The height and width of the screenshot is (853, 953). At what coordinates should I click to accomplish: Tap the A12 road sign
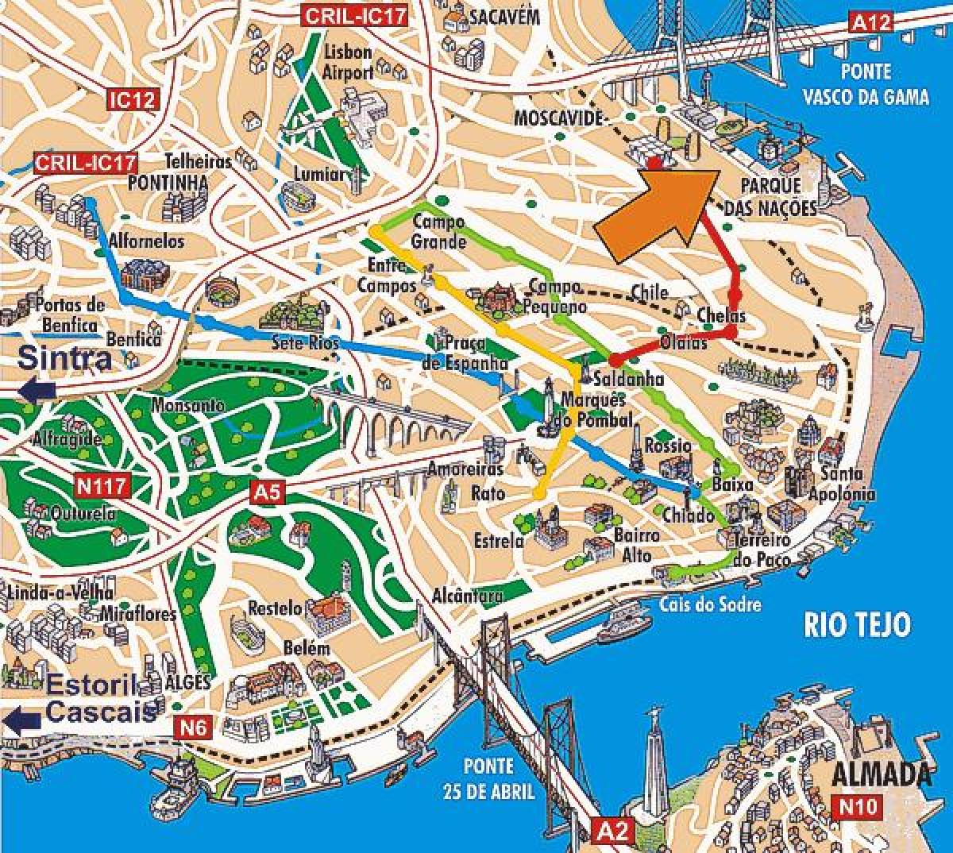(871, 22)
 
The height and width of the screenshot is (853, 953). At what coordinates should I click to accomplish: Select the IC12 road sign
(133, 100)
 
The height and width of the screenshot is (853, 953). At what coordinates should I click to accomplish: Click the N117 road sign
(102, 485)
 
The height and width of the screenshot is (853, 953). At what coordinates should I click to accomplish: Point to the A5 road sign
(267, 492)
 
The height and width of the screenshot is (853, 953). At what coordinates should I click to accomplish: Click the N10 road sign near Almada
(858, 807)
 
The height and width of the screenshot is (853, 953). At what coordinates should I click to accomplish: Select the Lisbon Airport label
(348, 62)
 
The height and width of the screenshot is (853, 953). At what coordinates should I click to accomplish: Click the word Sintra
(65, 357)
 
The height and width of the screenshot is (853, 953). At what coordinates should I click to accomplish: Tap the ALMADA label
(882, 774)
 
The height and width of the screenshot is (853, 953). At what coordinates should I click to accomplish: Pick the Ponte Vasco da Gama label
(865, 83)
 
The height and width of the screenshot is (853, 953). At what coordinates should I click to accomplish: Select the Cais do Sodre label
(709, 604)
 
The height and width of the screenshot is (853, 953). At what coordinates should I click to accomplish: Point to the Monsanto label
(188, 405)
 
